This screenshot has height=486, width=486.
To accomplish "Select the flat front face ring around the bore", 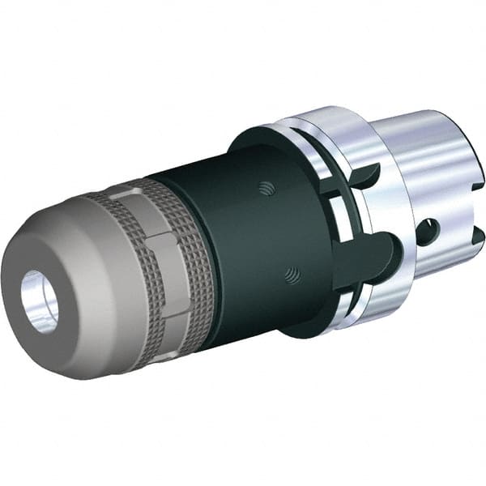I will [x=24, y=320].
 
